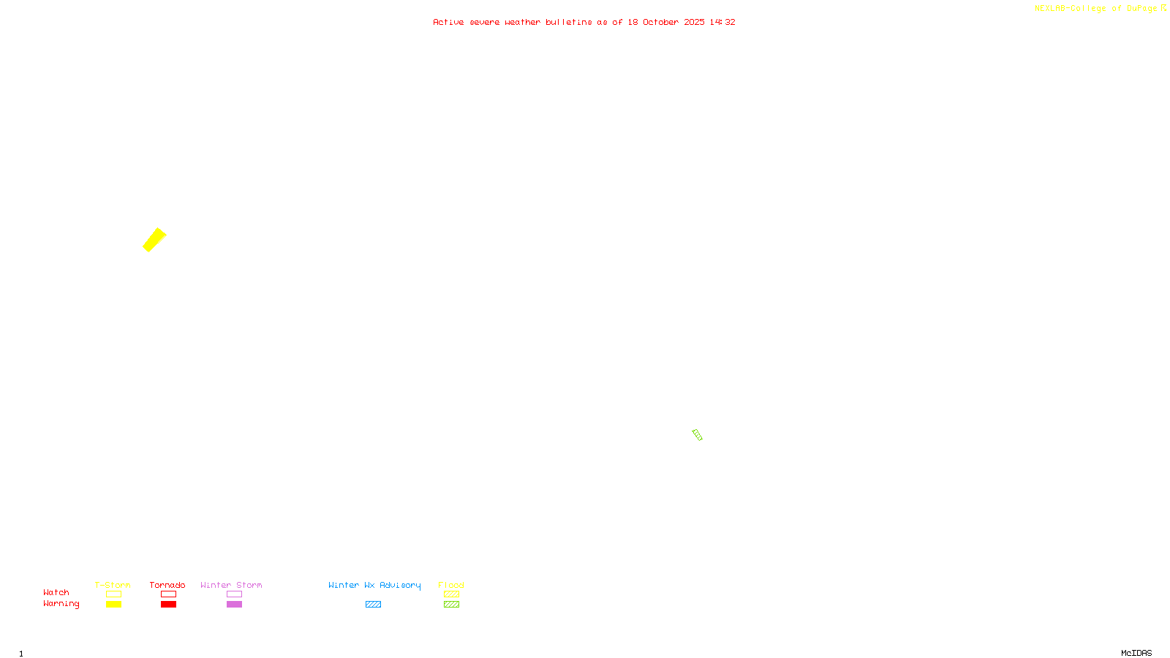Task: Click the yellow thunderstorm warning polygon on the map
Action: click(x=154, y=240)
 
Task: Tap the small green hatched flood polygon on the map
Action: click(x=697, y=435)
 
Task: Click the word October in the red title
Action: click(x=660, y=22)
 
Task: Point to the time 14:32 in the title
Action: click(x=722, y=22)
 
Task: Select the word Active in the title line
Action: click(x=448, y=22)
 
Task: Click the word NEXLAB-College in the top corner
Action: click(x=1070, y=9)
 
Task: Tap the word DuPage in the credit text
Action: click(x=1141, y=9)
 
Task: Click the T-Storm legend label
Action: click(x=113, y=585)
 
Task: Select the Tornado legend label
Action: click(x=167, y=585)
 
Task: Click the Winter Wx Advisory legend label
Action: click(x=374, y=585)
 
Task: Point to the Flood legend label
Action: click(x=451, y=585)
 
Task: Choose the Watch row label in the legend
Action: click(x=56, y=592)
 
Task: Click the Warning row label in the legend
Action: click(x=61, y=604)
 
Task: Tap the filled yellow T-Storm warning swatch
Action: click(x=113, y=605)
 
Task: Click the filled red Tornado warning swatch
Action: click(x=168, y=605)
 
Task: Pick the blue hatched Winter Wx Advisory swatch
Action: click(x=373, y=605)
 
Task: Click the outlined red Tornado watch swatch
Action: click(x=168, y=594)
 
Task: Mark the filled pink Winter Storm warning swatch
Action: click(x=234, y=605)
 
